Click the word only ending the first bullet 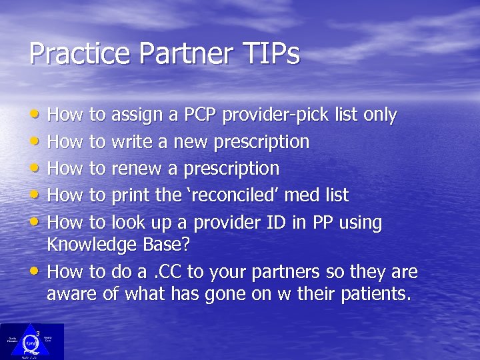click(x=379, y=115)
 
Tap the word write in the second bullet click(x=133, y=142)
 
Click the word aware click(x=70, y=293)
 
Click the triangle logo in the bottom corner click(x=31, y=341)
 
